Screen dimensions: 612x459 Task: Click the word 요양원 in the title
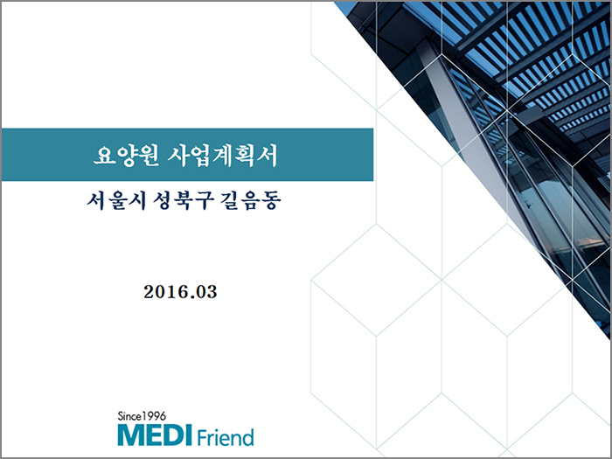pyautogui.click(x=126, y=156)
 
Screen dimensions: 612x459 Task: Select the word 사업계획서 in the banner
pyautogui.click(x=222, y=156)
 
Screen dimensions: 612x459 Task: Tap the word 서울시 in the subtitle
pyautogui.click(x=116, y=201)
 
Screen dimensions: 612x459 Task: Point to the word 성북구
pyautogui.click(x=183, y=201)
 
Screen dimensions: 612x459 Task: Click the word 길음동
pyautogui.click(x=251, y=201)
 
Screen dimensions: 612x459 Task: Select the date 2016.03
pyautogui.click(x=180, y=292)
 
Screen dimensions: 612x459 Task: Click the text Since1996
pyautogui.click(x=142, y=416)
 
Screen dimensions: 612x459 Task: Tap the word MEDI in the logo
pyautogui.click(x=155, y=435)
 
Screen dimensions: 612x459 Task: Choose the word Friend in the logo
pyautogui.click(x=226, y=437)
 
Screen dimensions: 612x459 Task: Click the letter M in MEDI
pyautogui.click(x=131, y=435)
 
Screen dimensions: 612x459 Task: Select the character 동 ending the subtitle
pyautogui.click(x=271, y=201)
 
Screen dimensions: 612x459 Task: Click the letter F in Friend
pyautogui.click(x=202, y=437)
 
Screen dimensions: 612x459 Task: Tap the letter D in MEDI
pyautogui.click(x=174, y=435)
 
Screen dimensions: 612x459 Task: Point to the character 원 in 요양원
pyautogui.click(x=149, y=156)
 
